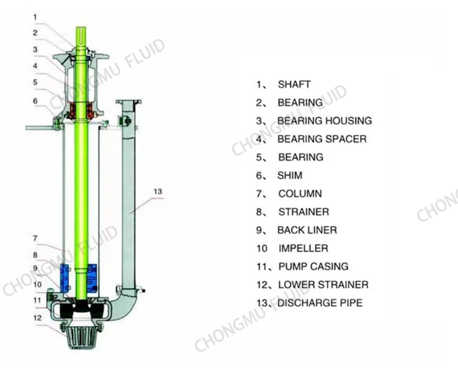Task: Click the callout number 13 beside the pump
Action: click(158, 192)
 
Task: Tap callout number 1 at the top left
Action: click(35, 17)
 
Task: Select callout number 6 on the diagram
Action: click(35, 101)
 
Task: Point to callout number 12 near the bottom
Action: click(37, 318)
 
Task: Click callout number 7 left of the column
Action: click(35, 238)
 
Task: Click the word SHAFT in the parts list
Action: click(294, 84)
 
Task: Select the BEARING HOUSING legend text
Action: click(324, 121)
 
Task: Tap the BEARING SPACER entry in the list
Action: click(322, 139)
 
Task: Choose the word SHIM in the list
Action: click(290, 175)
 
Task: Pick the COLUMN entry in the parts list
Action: click(300, 193)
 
